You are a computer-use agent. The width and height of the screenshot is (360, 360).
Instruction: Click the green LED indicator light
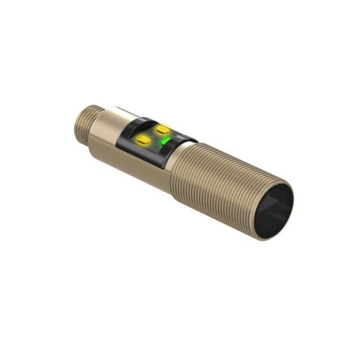(165, 142)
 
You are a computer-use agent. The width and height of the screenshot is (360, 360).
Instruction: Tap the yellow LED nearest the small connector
(142, 139)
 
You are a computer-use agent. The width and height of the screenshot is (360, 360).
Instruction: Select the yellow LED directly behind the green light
(162, 128)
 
